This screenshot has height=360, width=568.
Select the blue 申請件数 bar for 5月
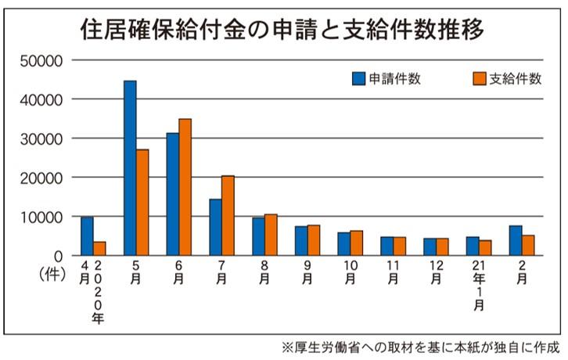[130, 167]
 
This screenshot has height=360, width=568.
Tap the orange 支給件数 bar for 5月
[142, 202]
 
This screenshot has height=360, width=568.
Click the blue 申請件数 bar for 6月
[173, 194]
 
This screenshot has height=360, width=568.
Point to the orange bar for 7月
[228, 215]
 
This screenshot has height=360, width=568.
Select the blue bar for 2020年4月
[87, 236]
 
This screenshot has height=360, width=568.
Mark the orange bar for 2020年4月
[99, 248]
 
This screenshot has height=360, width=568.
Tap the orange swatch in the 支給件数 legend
[480, 77]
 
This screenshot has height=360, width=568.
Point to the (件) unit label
[52, 274]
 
